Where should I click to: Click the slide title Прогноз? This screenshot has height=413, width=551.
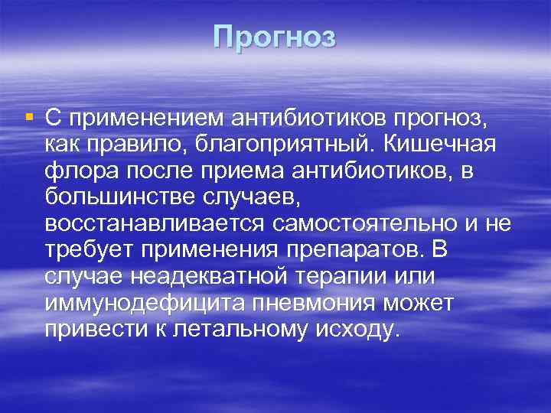tap(275, 37)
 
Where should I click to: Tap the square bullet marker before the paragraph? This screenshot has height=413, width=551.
tap(28, 117)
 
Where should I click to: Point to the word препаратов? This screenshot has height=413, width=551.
tap(357, 251)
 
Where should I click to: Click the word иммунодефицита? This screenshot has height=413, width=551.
tap(146, 304)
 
